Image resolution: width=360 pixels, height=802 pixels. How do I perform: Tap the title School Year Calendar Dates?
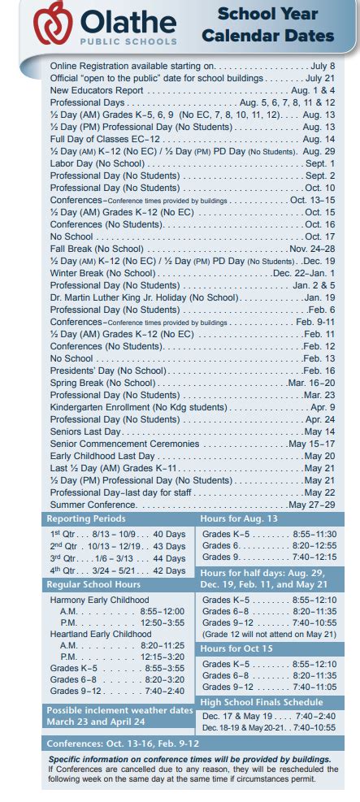[267, 25]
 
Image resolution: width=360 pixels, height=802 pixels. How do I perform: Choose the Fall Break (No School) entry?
[93, 249]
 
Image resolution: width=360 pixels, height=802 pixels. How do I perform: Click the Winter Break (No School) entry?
[101, 273]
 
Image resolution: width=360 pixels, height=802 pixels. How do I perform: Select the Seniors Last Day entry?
[85, 431]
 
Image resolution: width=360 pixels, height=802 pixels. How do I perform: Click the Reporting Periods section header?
[80, 518]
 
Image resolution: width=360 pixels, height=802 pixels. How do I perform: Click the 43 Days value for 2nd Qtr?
[169, 546]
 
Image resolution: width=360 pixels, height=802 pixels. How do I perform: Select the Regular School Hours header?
[93, 584]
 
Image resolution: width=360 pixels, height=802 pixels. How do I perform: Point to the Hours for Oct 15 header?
[236, 648]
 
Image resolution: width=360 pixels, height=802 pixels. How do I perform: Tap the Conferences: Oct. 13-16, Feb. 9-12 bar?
[123, 743]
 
